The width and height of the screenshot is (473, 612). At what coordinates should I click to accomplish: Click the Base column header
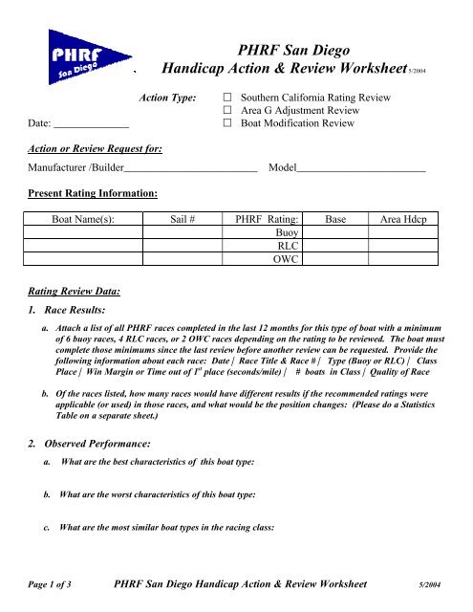(x=336, y=219)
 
